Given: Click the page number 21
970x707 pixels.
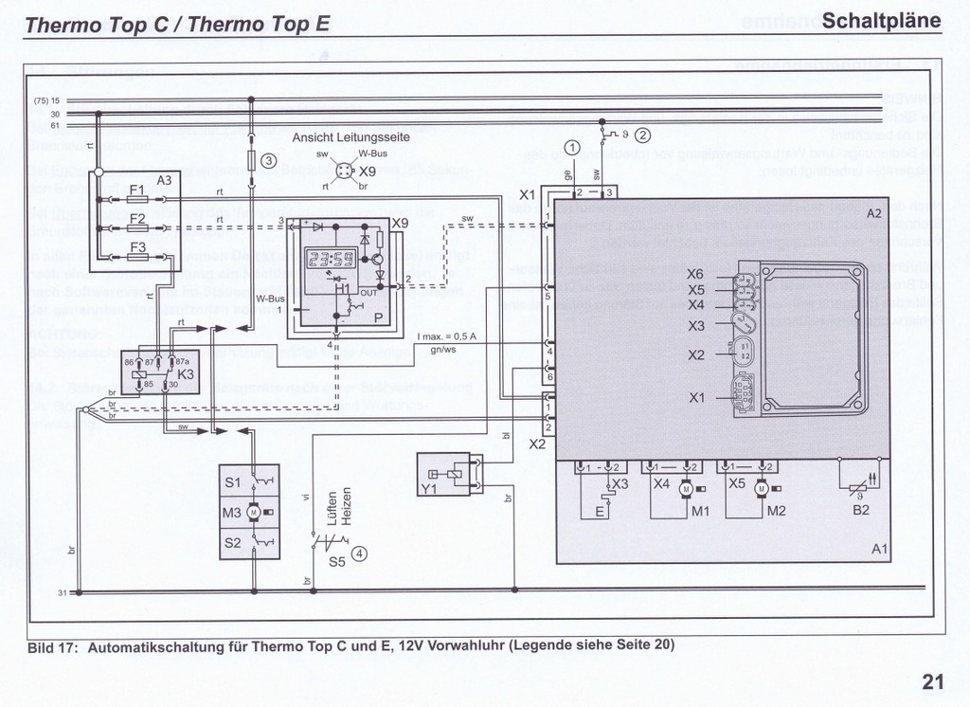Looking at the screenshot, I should [932, 681].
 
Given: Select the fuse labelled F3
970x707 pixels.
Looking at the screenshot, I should [136, 257].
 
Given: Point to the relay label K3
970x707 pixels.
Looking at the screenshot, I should [186, 375].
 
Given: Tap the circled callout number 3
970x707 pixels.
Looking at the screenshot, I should [269, 161].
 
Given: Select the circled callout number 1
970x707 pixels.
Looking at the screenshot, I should [571, 147].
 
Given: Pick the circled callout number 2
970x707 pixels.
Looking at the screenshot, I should [643, 134].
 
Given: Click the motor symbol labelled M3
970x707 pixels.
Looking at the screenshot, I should [254, 513].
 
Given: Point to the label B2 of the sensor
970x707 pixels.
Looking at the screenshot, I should [861, 510].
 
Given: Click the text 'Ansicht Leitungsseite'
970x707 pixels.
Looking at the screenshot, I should [350, 136].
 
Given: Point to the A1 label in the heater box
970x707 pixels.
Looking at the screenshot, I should [880, 549].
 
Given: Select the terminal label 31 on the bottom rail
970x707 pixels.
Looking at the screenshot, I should [61, 592].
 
